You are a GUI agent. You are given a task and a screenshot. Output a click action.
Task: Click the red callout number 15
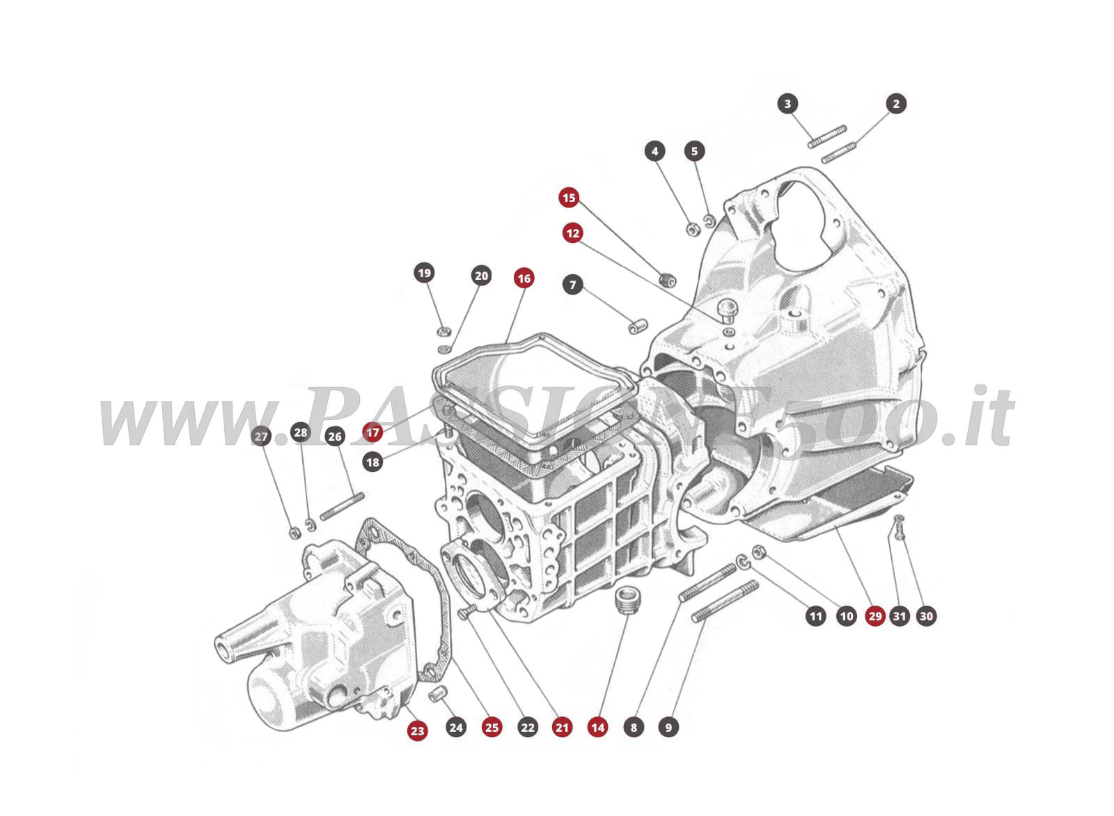click(x=569, y=198)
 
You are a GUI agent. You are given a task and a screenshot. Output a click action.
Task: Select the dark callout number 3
click(x=787, y=104)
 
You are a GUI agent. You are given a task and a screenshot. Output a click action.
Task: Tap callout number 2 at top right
click(x=896, y=104)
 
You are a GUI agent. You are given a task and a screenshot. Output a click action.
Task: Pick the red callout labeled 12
click(x=572, y=233)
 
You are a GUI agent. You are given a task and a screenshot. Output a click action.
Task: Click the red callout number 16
click(x=524, y=278)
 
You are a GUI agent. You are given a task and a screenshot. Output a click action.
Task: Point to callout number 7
click(x=572, y=285)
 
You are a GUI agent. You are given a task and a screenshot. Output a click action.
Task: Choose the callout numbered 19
click(x=424, y=273)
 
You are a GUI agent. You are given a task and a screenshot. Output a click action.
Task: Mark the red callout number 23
click(x=417, y=730)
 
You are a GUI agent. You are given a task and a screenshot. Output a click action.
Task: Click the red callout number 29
click(x=875, y=616)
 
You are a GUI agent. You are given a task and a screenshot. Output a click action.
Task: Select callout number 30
click(x=926, y=616)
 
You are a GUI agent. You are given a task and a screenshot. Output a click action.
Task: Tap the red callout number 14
click(x=597, y=728)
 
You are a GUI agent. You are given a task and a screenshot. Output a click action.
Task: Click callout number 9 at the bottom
click(x=668, y=728)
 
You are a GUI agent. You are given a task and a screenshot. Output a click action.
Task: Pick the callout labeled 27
click(x=261, y=437)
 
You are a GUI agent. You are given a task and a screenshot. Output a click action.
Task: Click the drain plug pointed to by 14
click(x=629, y=599)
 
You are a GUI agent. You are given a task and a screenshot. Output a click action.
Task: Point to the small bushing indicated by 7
click(x=638, y=326)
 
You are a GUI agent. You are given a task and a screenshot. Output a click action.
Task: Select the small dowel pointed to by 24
click(x=437, y=693)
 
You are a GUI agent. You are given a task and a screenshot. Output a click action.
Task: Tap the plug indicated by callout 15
click(x=667, y=280)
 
